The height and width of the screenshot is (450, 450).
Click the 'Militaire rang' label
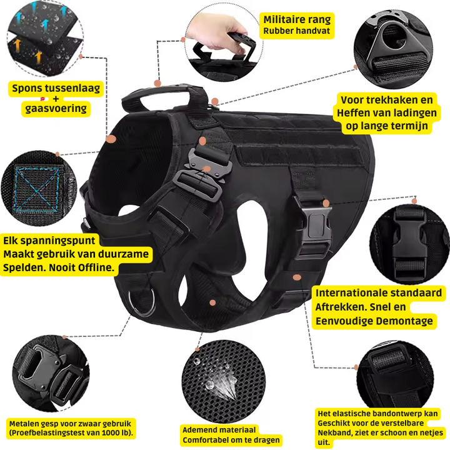click(297, 20)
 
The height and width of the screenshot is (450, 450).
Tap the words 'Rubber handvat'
click(296, 31)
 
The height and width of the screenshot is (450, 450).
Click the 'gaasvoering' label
click(55, 109)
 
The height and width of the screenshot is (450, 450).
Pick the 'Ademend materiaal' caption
click(219, 429)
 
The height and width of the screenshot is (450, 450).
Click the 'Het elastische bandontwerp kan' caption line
click(377, 413)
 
